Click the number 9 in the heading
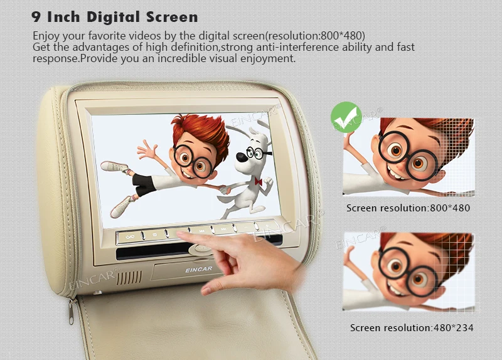click(x=37, y=16)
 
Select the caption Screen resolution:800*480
click(x=408, y=208)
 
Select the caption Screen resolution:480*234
click(x=412, y=327)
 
